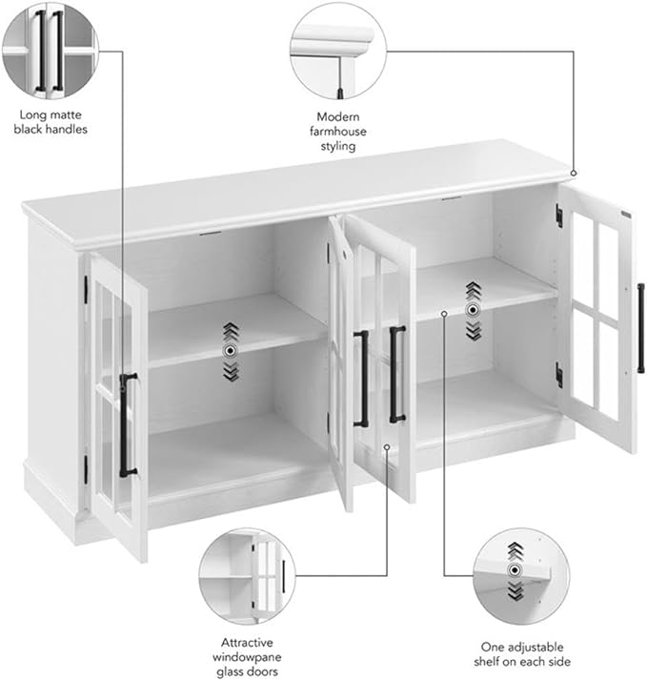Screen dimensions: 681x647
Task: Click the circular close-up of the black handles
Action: (49, 49)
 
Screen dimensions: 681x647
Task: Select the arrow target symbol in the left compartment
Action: (229, 351)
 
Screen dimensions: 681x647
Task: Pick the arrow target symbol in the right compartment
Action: (472, 309)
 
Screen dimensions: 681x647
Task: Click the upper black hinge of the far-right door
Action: (559, 216)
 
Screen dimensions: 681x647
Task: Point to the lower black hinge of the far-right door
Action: (559, 375)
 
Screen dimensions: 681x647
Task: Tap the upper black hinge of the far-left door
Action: (86, 285)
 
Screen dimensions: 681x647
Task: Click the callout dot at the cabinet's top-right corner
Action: (575, 173)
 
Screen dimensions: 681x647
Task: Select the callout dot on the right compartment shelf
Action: (445, 312)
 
